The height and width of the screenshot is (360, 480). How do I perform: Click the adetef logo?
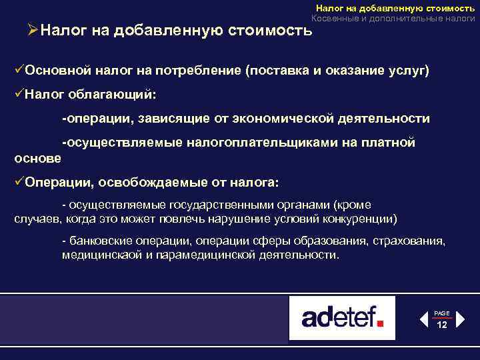342,317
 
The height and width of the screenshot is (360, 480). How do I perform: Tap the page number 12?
442,324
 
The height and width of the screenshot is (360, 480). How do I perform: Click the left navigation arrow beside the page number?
423,319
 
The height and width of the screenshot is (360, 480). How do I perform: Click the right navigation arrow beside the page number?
461,319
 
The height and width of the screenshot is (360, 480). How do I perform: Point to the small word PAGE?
442,313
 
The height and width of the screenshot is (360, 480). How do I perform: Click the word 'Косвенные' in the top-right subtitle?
334,19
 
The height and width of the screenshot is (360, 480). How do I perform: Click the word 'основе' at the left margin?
37,158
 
